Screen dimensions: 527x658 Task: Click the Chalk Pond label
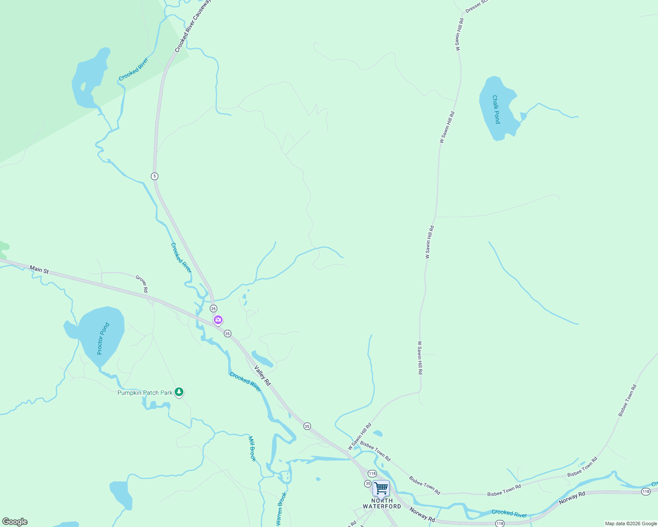click(496, 109)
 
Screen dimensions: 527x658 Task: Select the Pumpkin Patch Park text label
click(145, 393)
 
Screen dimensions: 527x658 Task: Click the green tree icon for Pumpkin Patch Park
click(179, 392)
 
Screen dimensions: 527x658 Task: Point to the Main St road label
click(39, 269)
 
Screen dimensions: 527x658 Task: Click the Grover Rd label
click(142, 284)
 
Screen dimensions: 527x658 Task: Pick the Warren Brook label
click(281, 509)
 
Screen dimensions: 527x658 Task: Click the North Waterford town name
click(382, 503)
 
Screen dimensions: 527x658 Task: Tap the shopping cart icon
click(381, 488)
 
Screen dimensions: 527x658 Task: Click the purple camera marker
click(218, 320)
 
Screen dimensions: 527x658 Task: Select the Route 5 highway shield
click(154, 176)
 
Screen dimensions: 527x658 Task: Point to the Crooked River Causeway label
click(193, 26)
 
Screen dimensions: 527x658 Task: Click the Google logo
click(15, 522)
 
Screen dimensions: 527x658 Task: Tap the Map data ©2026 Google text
click(630, 523)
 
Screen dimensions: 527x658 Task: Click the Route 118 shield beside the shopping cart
click(372, 473)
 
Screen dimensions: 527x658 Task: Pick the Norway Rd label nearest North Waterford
click(422, 515)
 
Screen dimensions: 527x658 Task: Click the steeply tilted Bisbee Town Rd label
click(627, 401)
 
